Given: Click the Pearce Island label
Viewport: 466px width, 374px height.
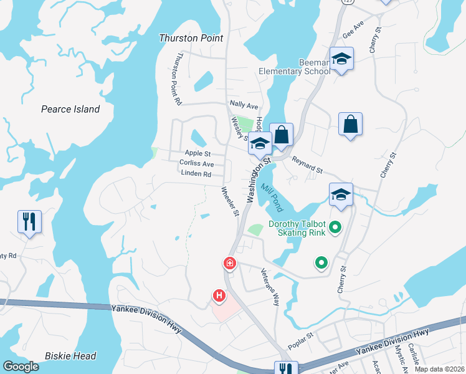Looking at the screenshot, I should (x=70, y=109).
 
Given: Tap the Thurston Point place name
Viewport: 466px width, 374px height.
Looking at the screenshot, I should (x=191, y=38).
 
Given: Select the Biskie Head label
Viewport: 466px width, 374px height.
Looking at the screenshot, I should (x=70, y=356).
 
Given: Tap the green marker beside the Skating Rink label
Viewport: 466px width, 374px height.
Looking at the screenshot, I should (x=336, y=228).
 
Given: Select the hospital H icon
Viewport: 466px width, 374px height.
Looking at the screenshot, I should (x=219, y=295).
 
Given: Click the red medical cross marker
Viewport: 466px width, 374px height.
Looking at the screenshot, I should (x=230, y=264).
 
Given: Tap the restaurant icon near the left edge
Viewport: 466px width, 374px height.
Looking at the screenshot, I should (x=30, y=221).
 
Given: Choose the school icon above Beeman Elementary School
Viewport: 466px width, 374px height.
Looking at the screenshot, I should (x=341, y=59).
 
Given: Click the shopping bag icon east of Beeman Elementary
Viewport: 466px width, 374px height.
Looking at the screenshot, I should (x=351, y=123).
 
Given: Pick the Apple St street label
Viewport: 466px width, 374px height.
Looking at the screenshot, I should (x=198, y=153).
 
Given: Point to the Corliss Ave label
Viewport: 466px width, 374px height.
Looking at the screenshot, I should (x=196, y=163).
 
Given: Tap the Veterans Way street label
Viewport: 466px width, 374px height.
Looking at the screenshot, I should (x=269, y=287).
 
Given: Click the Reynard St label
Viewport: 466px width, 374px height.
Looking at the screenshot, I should (x=307, y=166).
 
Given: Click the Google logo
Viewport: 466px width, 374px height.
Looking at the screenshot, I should (x=21, y=367).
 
